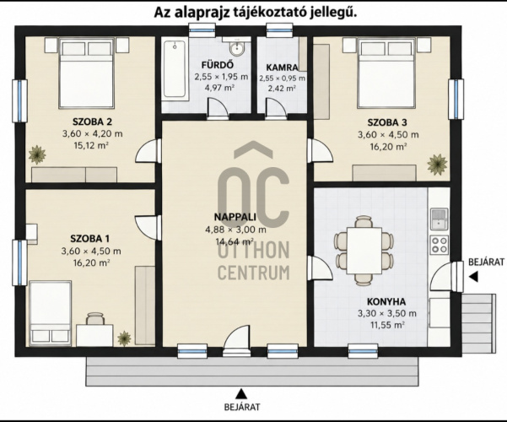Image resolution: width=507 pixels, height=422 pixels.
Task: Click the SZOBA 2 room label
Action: pyautogui.click(x=92, y=122)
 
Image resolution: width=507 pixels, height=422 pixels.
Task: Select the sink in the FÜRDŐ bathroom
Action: pyautogui.click(x=237, y=49)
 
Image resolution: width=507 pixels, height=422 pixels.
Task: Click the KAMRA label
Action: pyautogui.click(x=282, y=68)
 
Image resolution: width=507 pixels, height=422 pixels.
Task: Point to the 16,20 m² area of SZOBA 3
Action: pyautogui.click(x=388, y=147)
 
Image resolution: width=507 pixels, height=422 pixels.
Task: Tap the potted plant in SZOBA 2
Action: pyautogui.click(x=37, y=154)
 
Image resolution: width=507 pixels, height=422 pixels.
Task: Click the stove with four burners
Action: pyautogui.click(x=440, y=244)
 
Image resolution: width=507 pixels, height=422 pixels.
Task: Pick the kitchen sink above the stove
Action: pyautogui.click(x=440, y=219)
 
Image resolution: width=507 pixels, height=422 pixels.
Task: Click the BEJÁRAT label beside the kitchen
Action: pyautogui.click(x=486, y=262)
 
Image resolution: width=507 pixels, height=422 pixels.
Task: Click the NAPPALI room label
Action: pyautogui.click(x=235, y=217)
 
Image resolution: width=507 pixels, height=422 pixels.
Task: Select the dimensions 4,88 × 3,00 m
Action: pyautogui.click(x=235, y=230)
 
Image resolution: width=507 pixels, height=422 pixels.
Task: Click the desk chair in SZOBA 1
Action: pyautogui.click(x=95, y=318)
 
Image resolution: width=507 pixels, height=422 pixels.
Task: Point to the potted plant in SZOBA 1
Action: pyautogui.click(x=124, y=338)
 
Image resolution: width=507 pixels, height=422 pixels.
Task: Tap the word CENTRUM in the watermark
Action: pyautogui.click(x=253, y=273)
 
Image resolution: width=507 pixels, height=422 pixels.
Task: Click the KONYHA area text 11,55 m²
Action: pyautogui.click(x=386, y=325)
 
